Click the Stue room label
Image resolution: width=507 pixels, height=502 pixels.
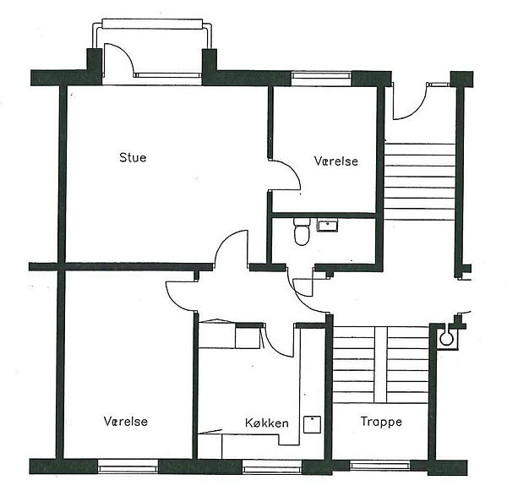tap(133, 157)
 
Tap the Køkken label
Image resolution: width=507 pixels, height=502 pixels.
tap(267, 423)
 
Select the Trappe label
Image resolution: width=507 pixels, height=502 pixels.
tap(381, 422)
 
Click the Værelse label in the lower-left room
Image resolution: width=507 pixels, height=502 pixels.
tap(126, 421)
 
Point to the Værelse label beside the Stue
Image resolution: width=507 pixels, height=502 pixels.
tap(336, 161)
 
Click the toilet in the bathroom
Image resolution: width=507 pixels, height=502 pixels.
tap(302, 232)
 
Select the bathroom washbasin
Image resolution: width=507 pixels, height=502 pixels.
tap(327, 225)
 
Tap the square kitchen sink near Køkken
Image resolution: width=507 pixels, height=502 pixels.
tap(312, 424)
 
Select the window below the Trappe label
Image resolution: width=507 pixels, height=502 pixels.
tap(380, 466)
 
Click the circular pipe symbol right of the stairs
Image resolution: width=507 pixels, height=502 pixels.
tap(447, 339)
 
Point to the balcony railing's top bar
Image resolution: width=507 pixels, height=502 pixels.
tap(152, 24)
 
